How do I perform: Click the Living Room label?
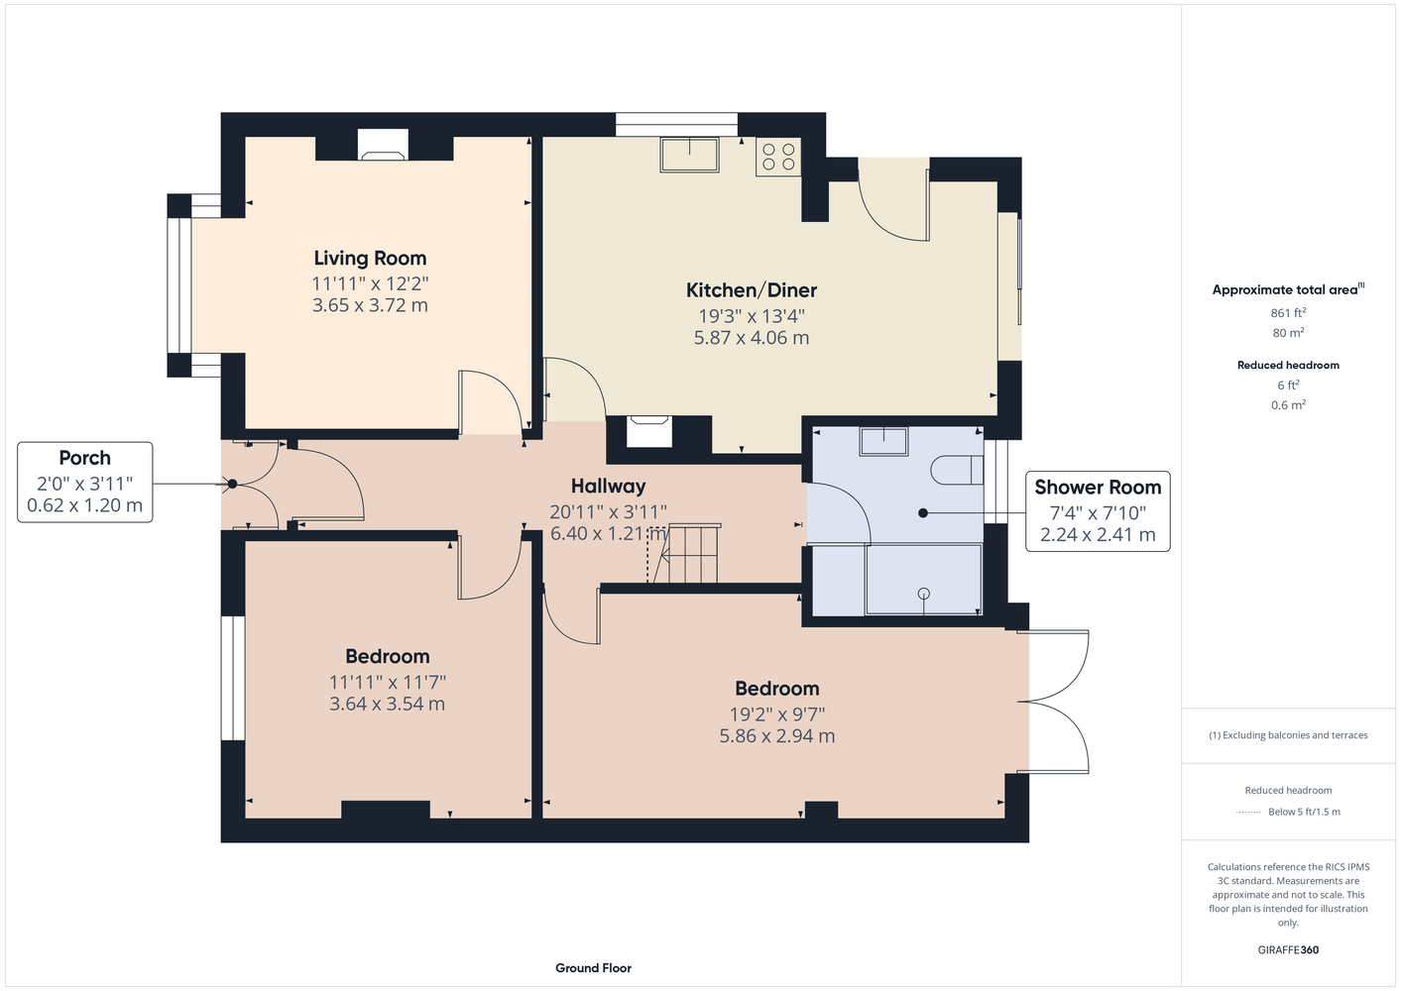(x=370, y=258)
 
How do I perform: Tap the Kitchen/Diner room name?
(x=752, y=290)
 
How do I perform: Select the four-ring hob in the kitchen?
(x=778, y=157)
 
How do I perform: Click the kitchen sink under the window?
(x=689, y=155)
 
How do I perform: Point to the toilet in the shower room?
(x=957, y=470)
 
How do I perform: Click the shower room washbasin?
(x=883, y=441)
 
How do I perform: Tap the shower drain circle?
(x=924, y=594)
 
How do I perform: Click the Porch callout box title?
(x=85, y=458)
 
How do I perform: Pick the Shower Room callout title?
(x=1098, y=487)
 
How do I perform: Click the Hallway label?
(x=608, y=486)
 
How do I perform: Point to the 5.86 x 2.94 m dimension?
(x=776, y=736)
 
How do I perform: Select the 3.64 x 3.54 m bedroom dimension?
(x=387, y=704)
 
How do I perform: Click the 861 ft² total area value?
(x=1288, y=312)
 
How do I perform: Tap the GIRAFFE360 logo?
(x=1288, y=949)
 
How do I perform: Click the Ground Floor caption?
(x=594, y=968)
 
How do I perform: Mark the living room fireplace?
(x=383, y=145)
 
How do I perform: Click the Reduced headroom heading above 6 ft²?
(x=1288, y=365)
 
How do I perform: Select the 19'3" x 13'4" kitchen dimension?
(x=752, y=316)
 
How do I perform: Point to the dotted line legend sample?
(x=1248, y=813)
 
